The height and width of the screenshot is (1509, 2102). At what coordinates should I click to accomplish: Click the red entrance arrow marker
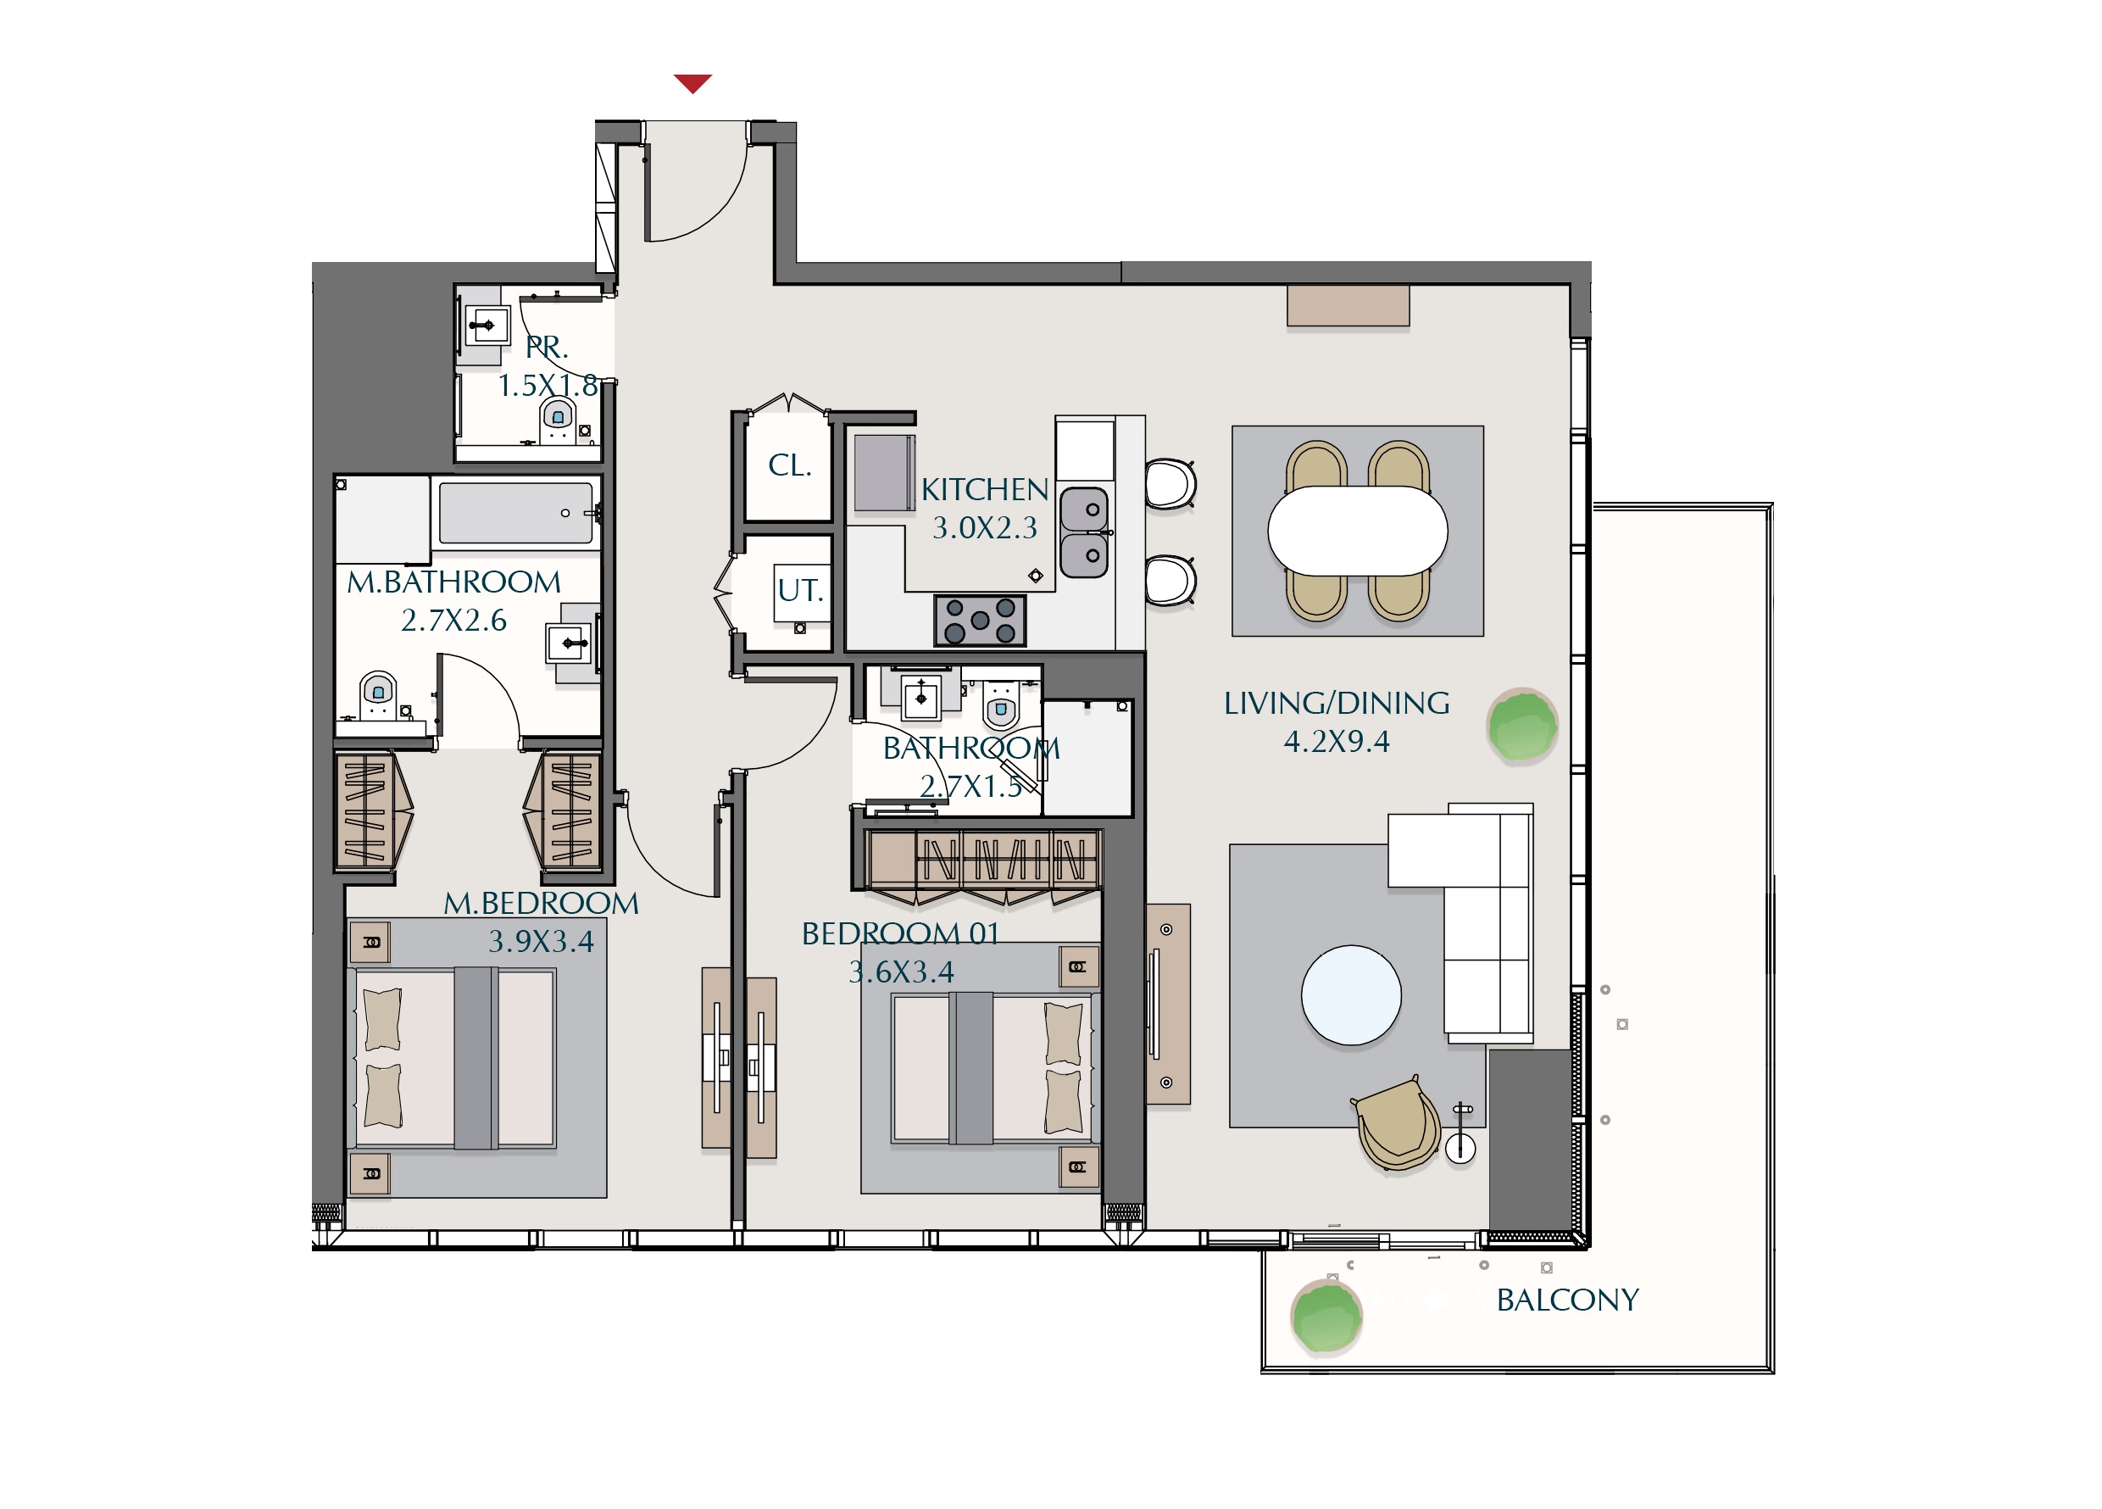[692, 83]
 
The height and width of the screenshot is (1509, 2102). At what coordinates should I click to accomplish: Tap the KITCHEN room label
[984, 489]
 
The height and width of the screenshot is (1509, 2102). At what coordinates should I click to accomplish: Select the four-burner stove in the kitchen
[980, 620]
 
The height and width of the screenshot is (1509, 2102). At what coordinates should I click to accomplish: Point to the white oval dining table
[1358, 531]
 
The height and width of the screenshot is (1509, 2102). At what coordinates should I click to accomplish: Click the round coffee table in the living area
[1351, 994]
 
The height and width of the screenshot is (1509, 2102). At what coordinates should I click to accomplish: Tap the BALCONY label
[1567, 1300]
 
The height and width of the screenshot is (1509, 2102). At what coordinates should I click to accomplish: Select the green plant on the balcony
[1326, 1317]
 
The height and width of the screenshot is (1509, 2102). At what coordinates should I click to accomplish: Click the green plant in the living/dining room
[1521, 725]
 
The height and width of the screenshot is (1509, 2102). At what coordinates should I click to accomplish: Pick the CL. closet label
[790, 465]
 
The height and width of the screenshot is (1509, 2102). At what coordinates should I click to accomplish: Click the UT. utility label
[800, 589]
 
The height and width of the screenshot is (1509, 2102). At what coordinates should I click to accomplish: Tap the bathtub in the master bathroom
[515, 513]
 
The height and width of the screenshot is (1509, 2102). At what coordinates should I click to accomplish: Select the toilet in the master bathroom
[378, 695]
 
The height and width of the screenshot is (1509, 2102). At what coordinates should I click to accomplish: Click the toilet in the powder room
[557, 420]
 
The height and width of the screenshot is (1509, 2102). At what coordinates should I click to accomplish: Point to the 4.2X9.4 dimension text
[1337, 742]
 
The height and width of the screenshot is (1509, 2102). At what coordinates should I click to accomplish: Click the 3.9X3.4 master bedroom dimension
[542, 941]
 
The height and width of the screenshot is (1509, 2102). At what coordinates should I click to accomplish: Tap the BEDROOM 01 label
[900, 933]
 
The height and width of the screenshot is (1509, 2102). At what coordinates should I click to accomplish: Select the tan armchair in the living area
[1398, 1123]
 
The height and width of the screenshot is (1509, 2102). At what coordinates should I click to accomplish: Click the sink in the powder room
[487, 326]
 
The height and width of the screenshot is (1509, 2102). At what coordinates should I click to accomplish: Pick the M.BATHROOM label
[454, 582]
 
